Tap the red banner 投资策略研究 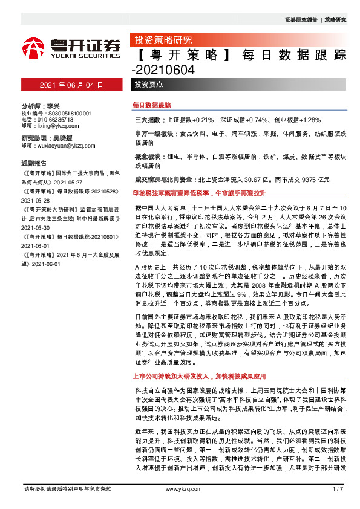pos(162,41)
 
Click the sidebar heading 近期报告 pos(33,163)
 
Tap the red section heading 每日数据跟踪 pos(152,105)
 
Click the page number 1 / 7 pos(338,488)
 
